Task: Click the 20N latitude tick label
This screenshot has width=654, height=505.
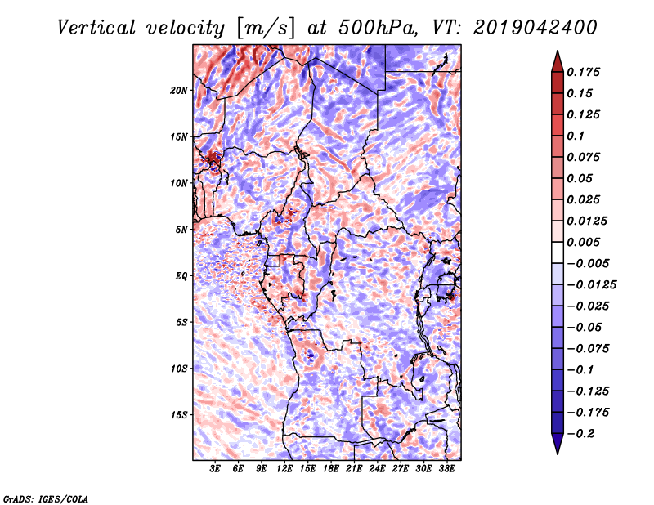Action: [x=179, y=90]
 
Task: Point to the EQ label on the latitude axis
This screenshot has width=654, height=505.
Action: [x=181, y=276]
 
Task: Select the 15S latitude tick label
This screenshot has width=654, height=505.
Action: [x=179, y=415]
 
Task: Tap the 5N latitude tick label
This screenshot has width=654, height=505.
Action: [x=181, y=230]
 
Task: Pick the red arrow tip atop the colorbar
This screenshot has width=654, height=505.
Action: [x=557, y=56]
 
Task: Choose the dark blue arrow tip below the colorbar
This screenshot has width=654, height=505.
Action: [x=557, y=447]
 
